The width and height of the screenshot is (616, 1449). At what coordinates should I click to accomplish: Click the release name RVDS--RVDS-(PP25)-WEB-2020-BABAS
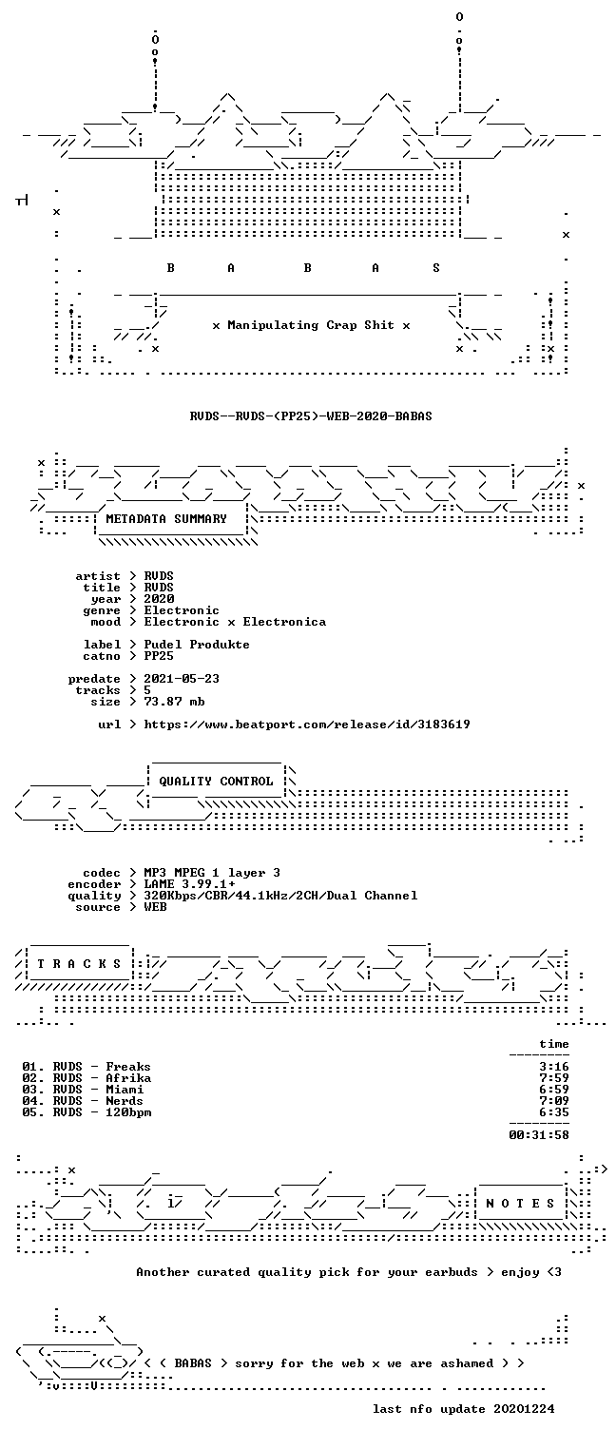click(311, 415)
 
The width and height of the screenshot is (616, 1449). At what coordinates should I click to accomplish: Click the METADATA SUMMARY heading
click(166, 519)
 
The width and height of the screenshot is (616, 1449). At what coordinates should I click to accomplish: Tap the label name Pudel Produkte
click(197, 645)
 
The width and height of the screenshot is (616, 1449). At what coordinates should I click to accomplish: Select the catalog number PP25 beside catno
click(159, 656)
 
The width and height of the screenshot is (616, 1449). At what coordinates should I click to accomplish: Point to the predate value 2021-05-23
click(182, 679)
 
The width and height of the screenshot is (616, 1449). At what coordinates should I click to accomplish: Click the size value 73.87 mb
click(174, 702)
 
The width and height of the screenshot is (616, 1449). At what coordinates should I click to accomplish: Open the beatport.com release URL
click(307, 724)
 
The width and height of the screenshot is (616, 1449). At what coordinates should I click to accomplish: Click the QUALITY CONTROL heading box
click(216, 781)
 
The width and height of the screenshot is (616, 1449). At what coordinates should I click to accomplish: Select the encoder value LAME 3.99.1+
click(189, 884)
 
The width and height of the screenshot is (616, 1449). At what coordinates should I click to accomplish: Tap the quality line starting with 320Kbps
click(280, 896)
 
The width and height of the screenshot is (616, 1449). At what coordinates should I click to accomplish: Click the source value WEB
click(155, 907)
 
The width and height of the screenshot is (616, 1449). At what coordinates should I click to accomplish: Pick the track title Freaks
click(128, 1067)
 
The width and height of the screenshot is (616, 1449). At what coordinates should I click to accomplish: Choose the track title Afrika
click(128, 1078)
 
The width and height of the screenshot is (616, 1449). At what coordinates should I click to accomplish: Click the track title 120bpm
click(128, 1112)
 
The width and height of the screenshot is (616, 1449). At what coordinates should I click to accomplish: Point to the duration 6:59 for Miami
click(554, 1090)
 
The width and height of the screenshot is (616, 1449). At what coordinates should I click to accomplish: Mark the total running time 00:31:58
click(539, 1135)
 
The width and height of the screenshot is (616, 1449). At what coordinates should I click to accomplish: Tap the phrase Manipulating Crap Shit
click(311, 325)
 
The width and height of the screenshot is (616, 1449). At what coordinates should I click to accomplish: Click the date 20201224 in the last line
click(524, 1409)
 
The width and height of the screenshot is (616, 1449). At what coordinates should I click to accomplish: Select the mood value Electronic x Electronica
click(235, 622)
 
